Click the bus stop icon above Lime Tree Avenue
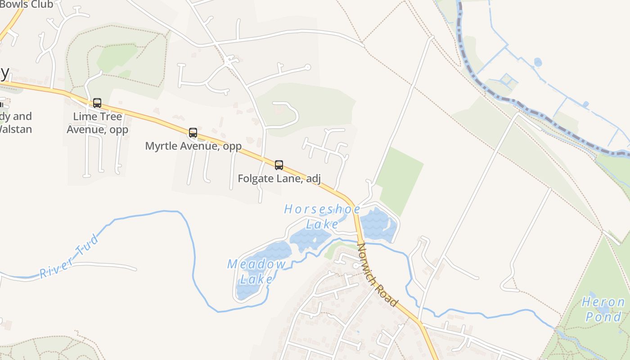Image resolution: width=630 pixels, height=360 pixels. pos(97,103)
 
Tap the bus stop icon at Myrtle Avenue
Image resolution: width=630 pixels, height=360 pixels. pos(193,133)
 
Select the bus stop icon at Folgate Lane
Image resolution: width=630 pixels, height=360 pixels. pos(279,165)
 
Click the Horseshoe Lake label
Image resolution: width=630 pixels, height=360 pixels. pos(322,216)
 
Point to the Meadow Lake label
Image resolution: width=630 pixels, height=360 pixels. pos(256,271)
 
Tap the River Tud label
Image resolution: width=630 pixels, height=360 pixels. pos(69,256)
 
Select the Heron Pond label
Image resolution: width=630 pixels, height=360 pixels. pos(603,309)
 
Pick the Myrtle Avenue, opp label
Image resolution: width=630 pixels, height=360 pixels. pos(193,146)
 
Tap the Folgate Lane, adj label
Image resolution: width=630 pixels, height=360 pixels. pos(279,179)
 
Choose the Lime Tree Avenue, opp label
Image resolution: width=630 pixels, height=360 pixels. pos(97,123)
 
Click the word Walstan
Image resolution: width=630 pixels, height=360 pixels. pos(15,129)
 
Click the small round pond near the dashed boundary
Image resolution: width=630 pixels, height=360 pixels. pos(538,62)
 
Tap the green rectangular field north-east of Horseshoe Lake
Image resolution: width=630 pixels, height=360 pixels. pos(400,180)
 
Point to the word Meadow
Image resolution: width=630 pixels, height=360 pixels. pos(256,264)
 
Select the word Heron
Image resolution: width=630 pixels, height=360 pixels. pos(603,302)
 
